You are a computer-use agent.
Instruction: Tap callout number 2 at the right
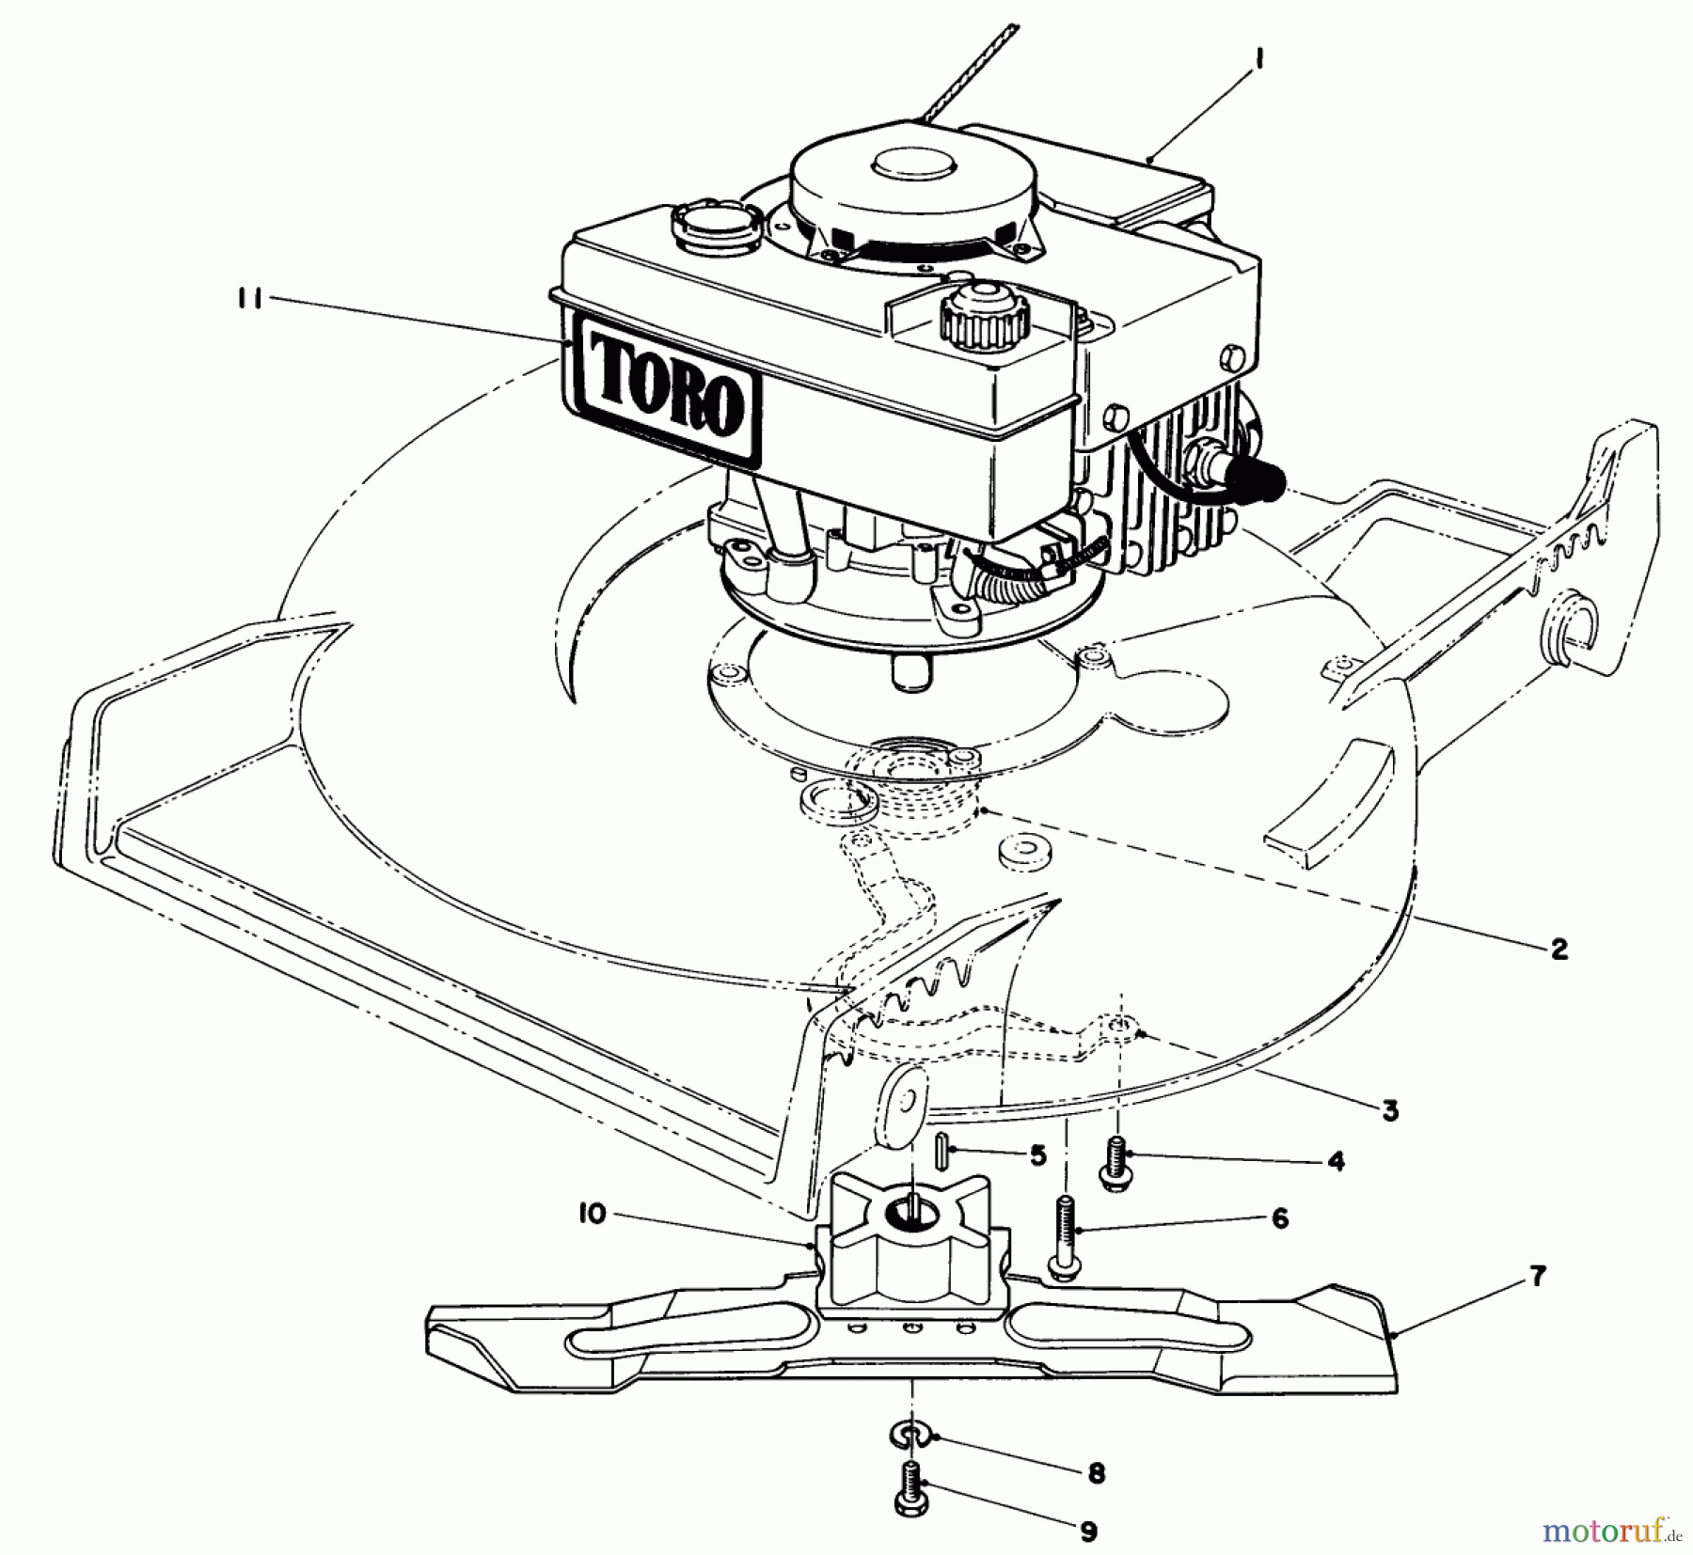[1559, 949]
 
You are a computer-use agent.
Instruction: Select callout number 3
[1391, 1110]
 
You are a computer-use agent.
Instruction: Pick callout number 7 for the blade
[1537, 1278]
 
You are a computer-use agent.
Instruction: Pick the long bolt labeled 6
[1065, 1237]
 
